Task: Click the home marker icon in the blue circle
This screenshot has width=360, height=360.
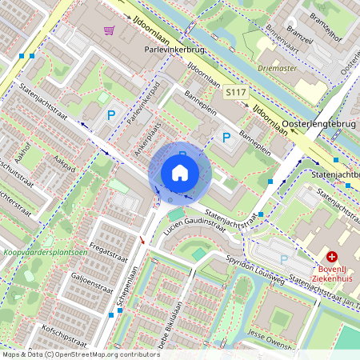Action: [x=180, y=173]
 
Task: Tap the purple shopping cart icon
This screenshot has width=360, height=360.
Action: [x=108, y=30]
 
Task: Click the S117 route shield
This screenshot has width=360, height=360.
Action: [x=234, y=93]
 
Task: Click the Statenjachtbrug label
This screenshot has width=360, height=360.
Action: [x=336, y=173]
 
